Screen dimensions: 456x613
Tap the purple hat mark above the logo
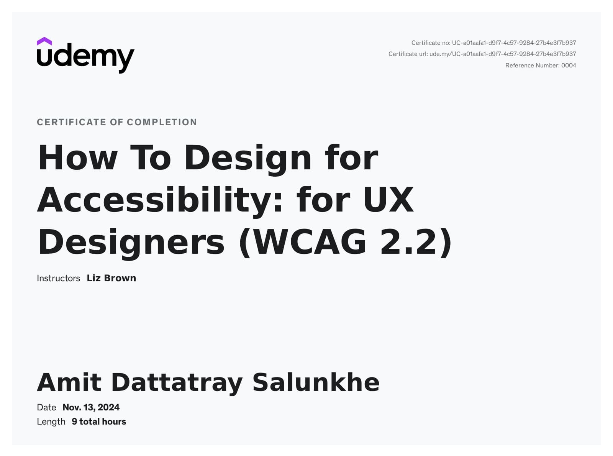coord(44,41)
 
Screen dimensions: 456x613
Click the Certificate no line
coord(493,43)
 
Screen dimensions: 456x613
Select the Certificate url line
coord(482,54)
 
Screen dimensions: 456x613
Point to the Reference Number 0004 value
coord(569,66)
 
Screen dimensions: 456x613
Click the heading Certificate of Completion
coord(117,122)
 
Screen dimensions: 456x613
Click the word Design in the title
coord(248,158)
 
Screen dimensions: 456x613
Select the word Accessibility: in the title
coord(160,200)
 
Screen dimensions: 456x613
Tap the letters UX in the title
coord(388,200)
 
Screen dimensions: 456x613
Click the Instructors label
coord(58,278)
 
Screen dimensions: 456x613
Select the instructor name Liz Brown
coord(111,278)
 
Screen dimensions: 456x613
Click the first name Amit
coord(69,382)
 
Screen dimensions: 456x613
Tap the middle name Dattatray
coord(177,382)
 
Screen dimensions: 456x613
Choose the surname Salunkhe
coord(316,382)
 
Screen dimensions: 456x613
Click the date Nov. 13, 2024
coord(91,407)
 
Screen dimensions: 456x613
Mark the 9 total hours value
coord(99,422)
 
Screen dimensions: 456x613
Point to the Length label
coord(51,422)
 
